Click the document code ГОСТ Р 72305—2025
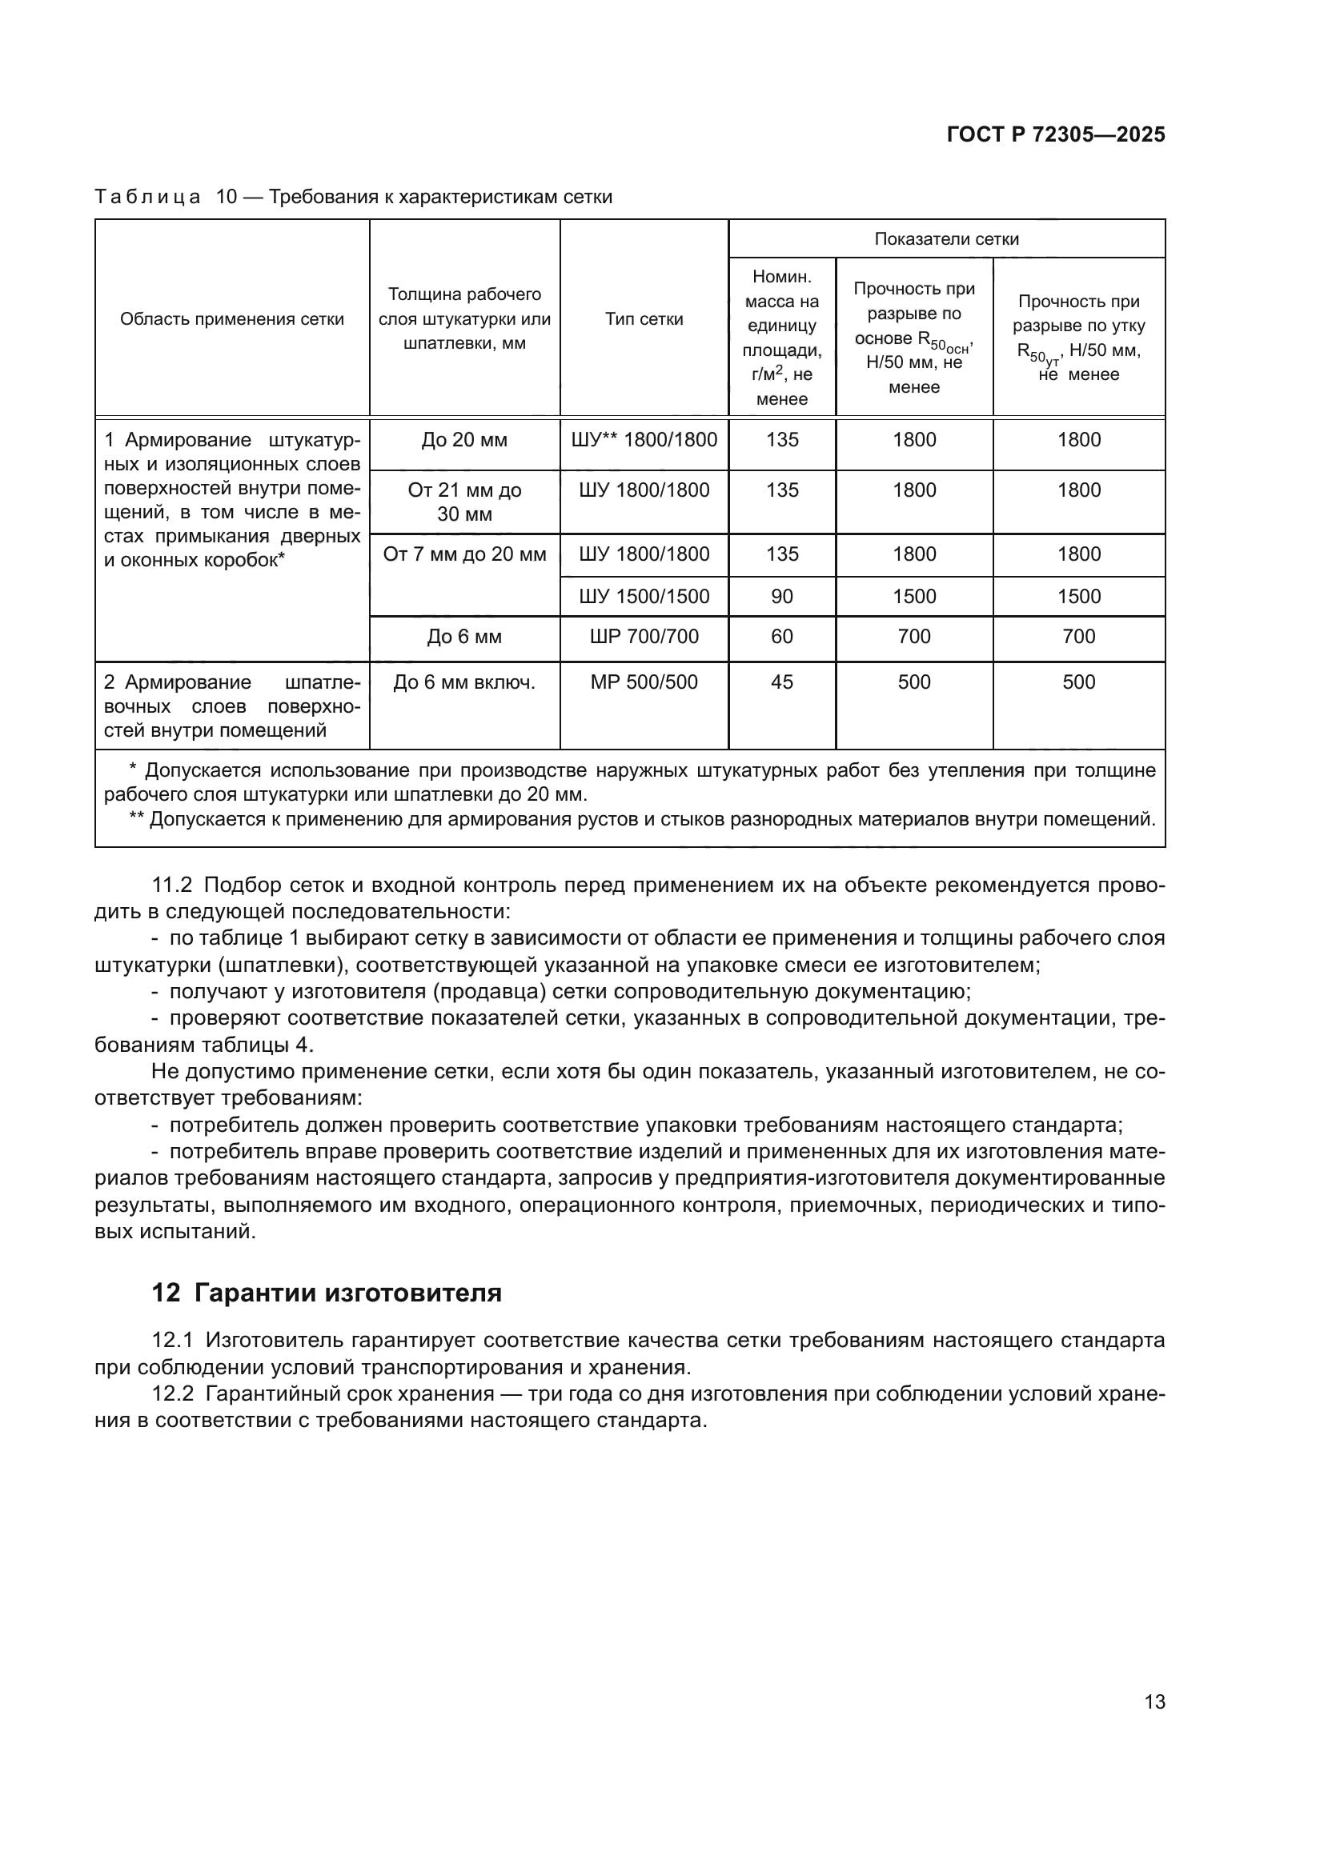click(1056, 134)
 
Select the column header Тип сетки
click(644, 318)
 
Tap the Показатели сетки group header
click(945, 238)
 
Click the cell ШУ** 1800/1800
click(644, 440)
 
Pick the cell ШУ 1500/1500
click(644, 597)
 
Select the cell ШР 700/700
click(644, 637)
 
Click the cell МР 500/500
click(644, 682)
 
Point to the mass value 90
click(781, 597)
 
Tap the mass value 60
click(781, 637)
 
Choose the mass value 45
click(781, 682)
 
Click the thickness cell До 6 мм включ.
click(464, 682)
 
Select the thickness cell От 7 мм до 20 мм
click(464, 554)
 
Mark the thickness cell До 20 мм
click(464, 440)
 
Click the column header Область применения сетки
click(231, 318)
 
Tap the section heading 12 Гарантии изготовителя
click(326, 1293)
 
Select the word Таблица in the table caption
click(146, 198)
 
